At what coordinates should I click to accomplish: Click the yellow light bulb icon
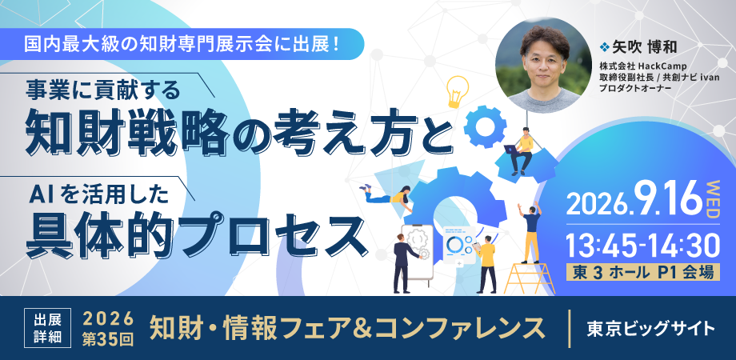coord(457,91)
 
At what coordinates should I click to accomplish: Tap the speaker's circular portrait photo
coord(544,66)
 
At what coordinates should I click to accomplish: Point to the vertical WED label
coord(713,198)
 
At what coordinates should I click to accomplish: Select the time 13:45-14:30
coord(642,245)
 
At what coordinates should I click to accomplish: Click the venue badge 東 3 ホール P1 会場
coord(643,273)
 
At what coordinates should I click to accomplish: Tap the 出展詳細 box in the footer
coord(47,328)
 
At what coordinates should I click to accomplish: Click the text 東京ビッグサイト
coord(651,329)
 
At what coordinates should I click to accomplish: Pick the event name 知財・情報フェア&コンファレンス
coord(347,329)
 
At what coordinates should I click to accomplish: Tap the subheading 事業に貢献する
coord(103,90)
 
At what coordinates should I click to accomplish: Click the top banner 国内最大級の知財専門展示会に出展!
coord(182,44)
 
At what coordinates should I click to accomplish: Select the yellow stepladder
coord(530,278)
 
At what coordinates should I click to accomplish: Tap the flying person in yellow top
coord(388,194)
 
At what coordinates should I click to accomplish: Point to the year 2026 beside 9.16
coord(596,204)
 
